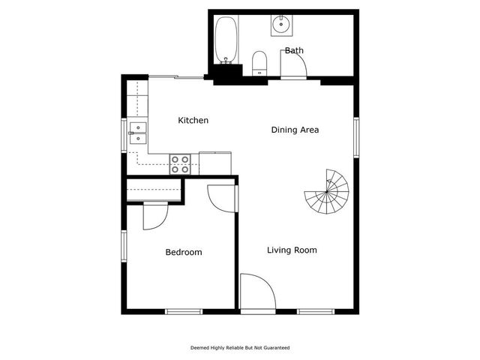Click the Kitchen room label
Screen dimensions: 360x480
pos(193,121)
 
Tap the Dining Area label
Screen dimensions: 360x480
pos(295,130)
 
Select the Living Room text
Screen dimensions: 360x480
pos(292,250)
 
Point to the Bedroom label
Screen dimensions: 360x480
pos(184,253)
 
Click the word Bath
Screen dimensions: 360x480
pos(294,51)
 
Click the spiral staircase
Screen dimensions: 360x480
pos(327,192)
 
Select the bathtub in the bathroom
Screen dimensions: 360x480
pos(225,40)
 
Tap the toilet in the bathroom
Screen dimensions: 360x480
pos(259,63)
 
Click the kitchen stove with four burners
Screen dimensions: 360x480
pos(179,163)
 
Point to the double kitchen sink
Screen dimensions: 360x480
pos(138,133)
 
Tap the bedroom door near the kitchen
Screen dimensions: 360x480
pos(222,198)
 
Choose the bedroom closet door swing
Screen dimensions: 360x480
pos(154,216)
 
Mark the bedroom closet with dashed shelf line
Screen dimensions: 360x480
pos(154,190)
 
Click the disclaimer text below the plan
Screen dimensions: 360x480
pos(240,348)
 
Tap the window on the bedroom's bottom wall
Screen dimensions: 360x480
pos(184,311)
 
